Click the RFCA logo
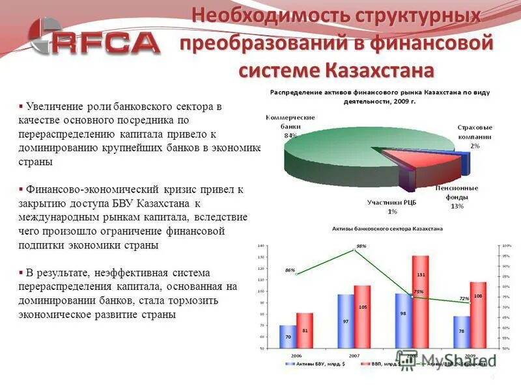click(x=95, y=40)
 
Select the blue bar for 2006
click(x=287, y=337)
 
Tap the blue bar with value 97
click(x=346, y=322)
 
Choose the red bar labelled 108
click(x=479, y=315)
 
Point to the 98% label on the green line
click(x=361, y=246)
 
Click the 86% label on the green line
click(x=289, y=270)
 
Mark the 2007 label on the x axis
click(x=353, y=356)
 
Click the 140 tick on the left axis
click(x=261, y=246)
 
